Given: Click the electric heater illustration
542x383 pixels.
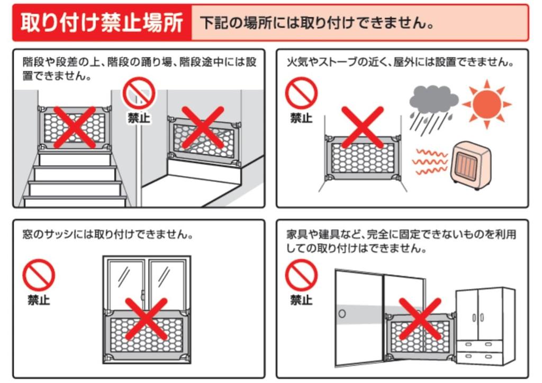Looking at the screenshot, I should [470, 164].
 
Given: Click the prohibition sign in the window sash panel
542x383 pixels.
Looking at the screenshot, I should [39, 277].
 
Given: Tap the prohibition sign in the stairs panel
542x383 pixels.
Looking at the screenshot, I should [139, 94].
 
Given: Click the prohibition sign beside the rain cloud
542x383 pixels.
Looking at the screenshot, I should [301, 94].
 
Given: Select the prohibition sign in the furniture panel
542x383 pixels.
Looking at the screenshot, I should [301, 276].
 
